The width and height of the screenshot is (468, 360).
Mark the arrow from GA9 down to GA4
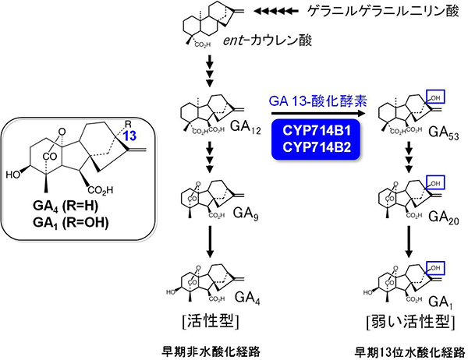[209, 247]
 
